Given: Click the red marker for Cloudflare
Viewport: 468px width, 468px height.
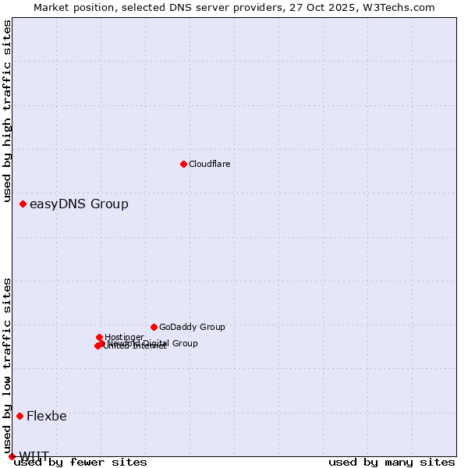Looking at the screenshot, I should click(183, 164).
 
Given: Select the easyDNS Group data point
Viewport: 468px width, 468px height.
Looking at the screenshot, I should click(23, 204).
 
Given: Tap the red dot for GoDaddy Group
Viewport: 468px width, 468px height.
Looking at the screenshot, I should click(154, 327).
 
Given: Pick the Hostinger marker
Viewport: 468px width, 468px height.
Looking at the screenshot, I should click(99, 337).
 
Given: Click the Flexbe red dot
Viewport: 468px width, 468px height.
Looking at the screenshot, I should click(19, 416).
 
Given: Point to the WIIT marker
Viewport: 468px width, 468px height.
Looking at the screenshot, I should click(12, 456).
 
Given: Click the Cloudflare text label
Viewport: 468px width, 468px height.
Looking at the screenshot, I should click(209, 164).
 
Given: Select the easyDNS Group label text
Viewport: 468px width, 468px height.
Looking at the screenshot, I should click(79, 204).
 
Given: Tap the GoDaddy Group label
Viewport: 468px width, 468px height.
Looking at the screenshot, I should click(192, 327).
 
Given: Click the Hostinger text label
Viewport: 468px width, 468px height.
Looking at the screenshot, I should click(124, 337).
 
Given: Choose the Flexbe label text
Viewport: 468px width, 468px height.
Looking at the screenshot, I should click(47, 417).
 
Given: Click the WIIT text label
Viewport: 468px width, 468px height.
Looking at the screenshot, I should click(34, 456).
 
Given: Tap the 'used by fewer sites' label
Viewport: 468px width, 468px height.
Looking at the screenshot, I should click(81, 462).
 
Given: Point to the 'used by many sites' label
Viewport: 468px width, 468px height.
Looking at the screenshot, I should click(392, 462).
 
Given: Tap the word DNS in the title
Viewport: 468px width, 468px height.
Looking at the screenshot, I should click(177, 7).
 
